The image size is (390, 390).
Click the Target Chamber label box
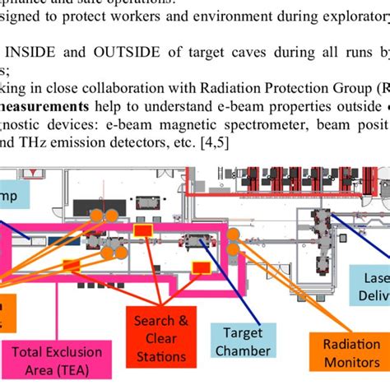pyautogui.click(x=242, y=341)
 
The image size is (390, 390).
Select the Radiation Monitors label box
pyautogui.click(x=340, y=355)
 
